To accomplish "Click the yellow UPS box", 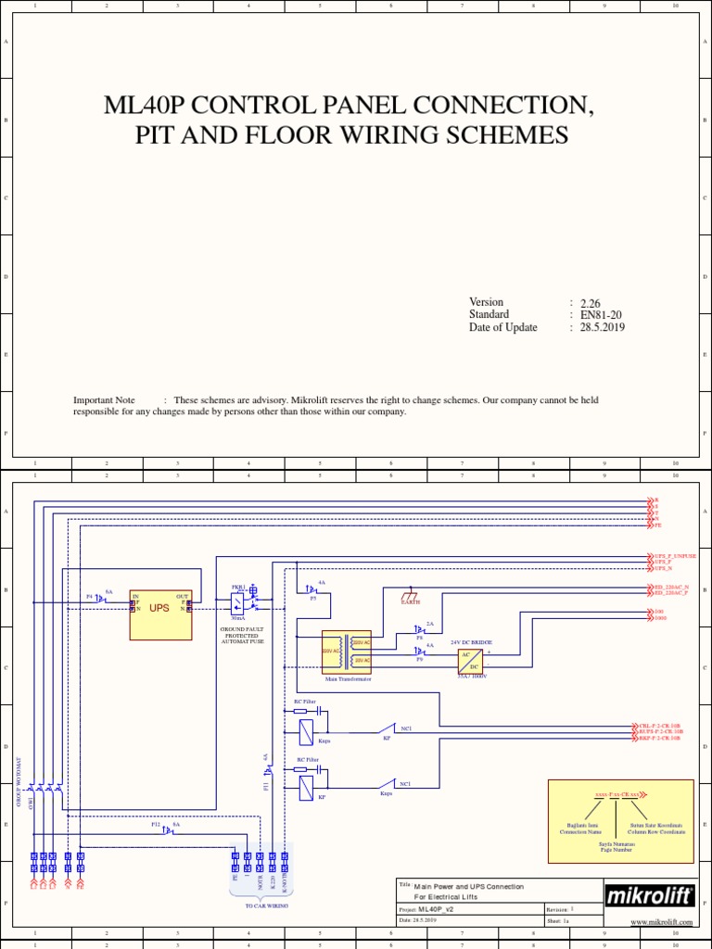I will click(160, 614).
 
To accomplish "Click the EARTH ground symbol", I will click(410, 596).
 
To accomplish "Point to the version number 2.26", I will click(591, 303).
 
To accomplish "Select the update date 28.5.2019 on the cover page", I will click(603, 327).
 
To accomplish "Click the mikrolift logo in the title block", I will click(649, 896).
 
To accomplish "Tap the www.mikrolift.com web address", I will click(662, 922).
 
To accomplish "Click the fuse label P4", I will click(90, 597).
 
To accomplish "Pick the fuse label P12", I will click(156, 823).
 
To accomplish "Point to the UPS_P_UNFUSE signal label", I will click(676, 556).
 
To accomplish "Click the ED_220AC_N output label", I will click(671, 587).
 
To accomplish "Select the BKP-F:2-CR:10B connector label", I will click(660, 738).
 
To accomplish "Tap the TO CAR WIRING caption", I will click(266, 905).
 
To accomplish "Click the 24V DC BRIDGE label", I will click(471, 641).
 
